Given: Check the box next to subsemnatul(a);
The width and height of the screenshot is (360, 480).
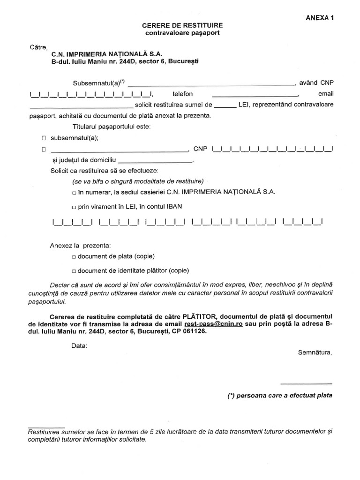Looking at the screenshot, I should pos(44,139).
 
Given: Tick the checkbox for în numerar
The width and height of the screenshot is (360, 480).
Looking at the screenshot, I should pos(74,193).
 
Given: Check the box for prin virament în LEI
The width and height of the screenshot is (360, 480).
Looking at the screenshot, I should pos(74,206).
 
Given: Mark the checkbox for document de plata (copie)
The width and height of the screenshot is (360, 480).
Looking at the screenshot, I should pos(74,257).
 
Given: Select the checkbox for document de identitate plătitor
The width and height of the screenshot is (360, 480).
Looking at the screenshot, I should pos(74,271).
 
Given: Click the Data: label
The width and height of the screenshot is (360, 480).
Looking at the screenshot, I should pos(79,346).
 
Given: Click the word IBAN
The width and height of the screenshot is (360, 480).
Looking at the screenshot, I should pos(174,206).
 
